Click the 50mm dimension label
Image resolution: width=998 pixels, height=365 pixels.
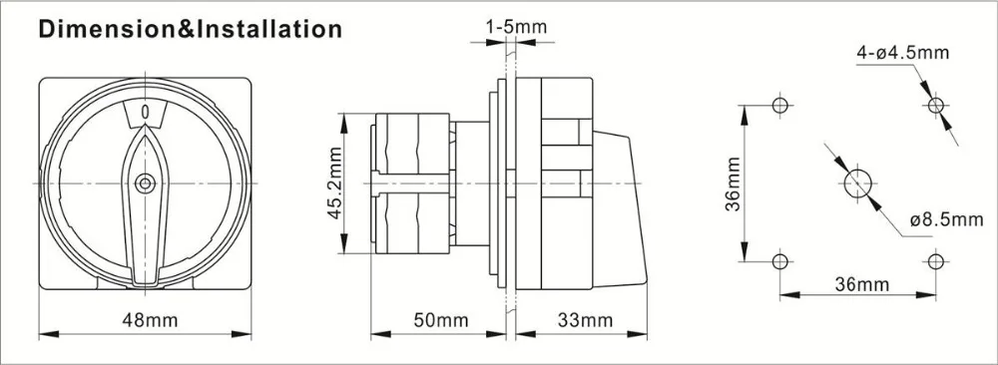[439, 320]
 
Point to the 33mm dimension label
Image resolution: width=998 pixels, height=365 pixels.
[583, 320]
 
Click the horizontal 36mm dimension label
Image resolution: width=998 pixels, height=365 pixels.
[858, 285]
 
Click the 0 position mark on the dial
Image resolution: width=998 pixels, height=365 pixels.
[147, 113]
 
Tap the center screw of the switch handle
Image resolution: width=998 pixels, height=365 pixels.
[147, 182]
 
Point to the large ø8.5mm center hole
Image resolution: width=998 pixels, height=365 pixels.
[857, 183]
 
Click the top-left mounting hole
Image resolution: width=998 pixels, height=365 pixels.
[780, 105]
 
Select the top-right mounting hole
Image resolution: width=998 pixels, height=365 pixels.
[935, 105]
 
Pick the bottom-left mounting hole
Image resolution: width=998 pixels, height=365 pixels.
[780, 261]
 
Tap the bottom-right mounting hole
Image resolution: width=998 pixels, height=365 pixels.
[935, 261]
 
